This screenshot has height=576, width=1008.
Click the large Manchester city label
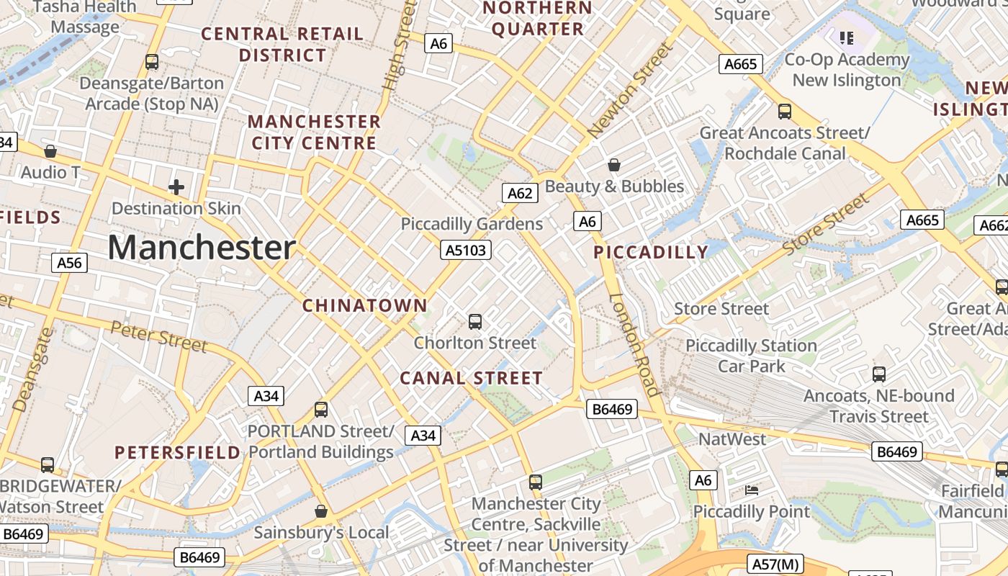202,248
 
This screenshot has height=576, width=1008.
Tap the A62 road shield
520,193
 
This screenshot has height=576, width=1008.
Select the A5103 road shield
467,250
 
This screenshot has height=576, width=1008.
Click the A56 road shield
70,263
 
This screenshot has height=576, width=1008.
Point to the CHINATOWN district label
365,305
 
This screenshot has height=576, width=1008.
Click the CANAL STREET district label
471,378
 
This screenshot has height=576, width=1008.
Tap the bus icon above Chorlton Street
475,322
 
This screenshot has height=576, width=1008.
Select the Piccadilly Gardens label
472,224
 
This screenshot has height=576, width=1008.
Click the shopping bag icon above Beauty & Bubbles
614,165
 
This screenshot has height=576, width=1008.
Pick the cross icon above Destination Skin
176,187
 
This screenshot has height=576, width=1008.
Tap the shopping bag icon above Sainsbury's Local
321,511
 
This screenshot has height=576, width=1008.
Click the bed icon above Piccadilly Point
752,490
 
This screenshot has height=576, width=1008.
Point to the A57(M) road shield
774,563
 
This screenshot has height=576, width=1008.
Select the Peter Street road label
158,337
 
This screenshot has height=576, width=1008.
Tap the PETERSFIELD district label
178,452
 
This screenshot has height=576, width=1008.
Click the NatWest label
732,438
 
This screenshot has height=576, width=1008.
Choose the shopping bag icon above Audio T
50,151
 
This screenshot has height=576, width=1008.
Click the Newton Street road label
629,91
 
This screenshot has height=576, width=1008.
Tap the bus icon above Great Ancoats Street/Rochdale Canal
785,112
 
